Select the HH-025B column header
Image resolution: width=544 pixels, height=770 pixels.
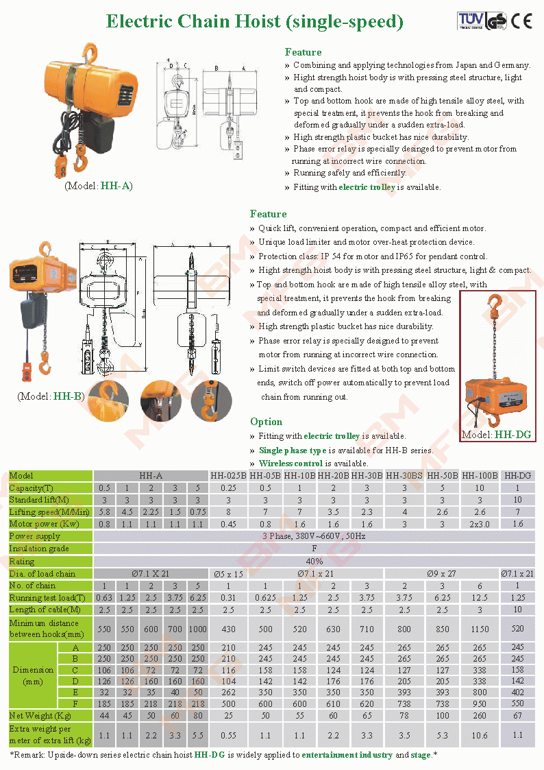click(x=228, y=475)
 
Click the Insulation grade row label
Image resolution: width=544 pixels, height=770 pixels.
click(x=39, y=549)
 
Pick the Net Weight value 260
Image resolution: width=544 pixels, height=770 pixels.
click(x=479, y=716)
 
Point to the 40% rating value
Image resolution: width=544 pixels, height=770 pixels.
click(x=314, y=561)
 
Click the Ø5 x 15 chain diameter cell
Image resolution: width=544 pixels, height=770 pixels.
click(x=228, y=573)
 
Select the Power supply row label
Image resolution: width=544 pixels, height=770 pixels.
click(x=35, y=536)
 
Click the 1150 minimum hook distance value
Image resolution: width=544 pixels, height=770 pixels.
click(x=479, y=629)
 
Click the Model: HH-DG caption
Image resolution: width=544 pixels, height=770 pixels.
click(x=496, y=435)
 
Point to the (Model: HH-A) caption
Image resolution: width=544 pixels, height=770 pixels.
click(x=99, y=186)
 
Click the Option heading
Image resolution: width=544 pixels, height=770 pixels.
click(x=266, y=422)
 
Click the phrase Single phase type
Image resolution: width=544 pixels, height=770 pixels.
click(x=292, y=450)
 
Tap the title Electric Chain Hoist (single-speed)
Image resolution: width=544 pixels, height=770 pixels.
click(x=254, y=21)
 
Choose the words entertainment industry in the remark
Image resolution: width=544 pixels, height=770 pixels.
click(x=347, y=755)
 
